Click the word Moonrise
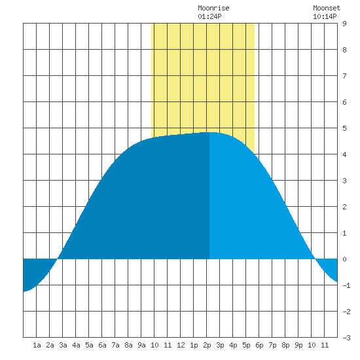(213, 8)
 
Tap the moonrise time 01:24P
(209, 16)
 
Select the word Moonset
(327, 8)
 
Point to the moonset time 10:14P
(325, 16)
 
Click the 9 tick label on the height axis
(344, 24)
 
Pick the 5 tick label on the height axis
(344, 128)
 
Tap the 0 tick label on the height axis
(344, 259)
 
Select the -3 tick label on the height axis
(346, 338)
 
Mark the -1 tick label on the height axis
(346, 285)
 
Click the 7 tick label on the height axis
(344, 76)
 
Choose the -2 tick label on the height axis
(346, 312)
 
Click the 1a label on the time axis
(37, 345)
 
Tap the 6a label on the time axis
(102, 345)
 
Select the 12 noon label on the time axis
(181, 345)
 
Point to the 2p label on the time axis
(207, 345)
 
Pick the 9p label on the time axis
(298, 345)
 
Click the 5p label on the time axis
(246, 345)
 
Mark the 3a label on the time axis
(63, 345)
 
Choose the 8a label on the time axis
(128, 345)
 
